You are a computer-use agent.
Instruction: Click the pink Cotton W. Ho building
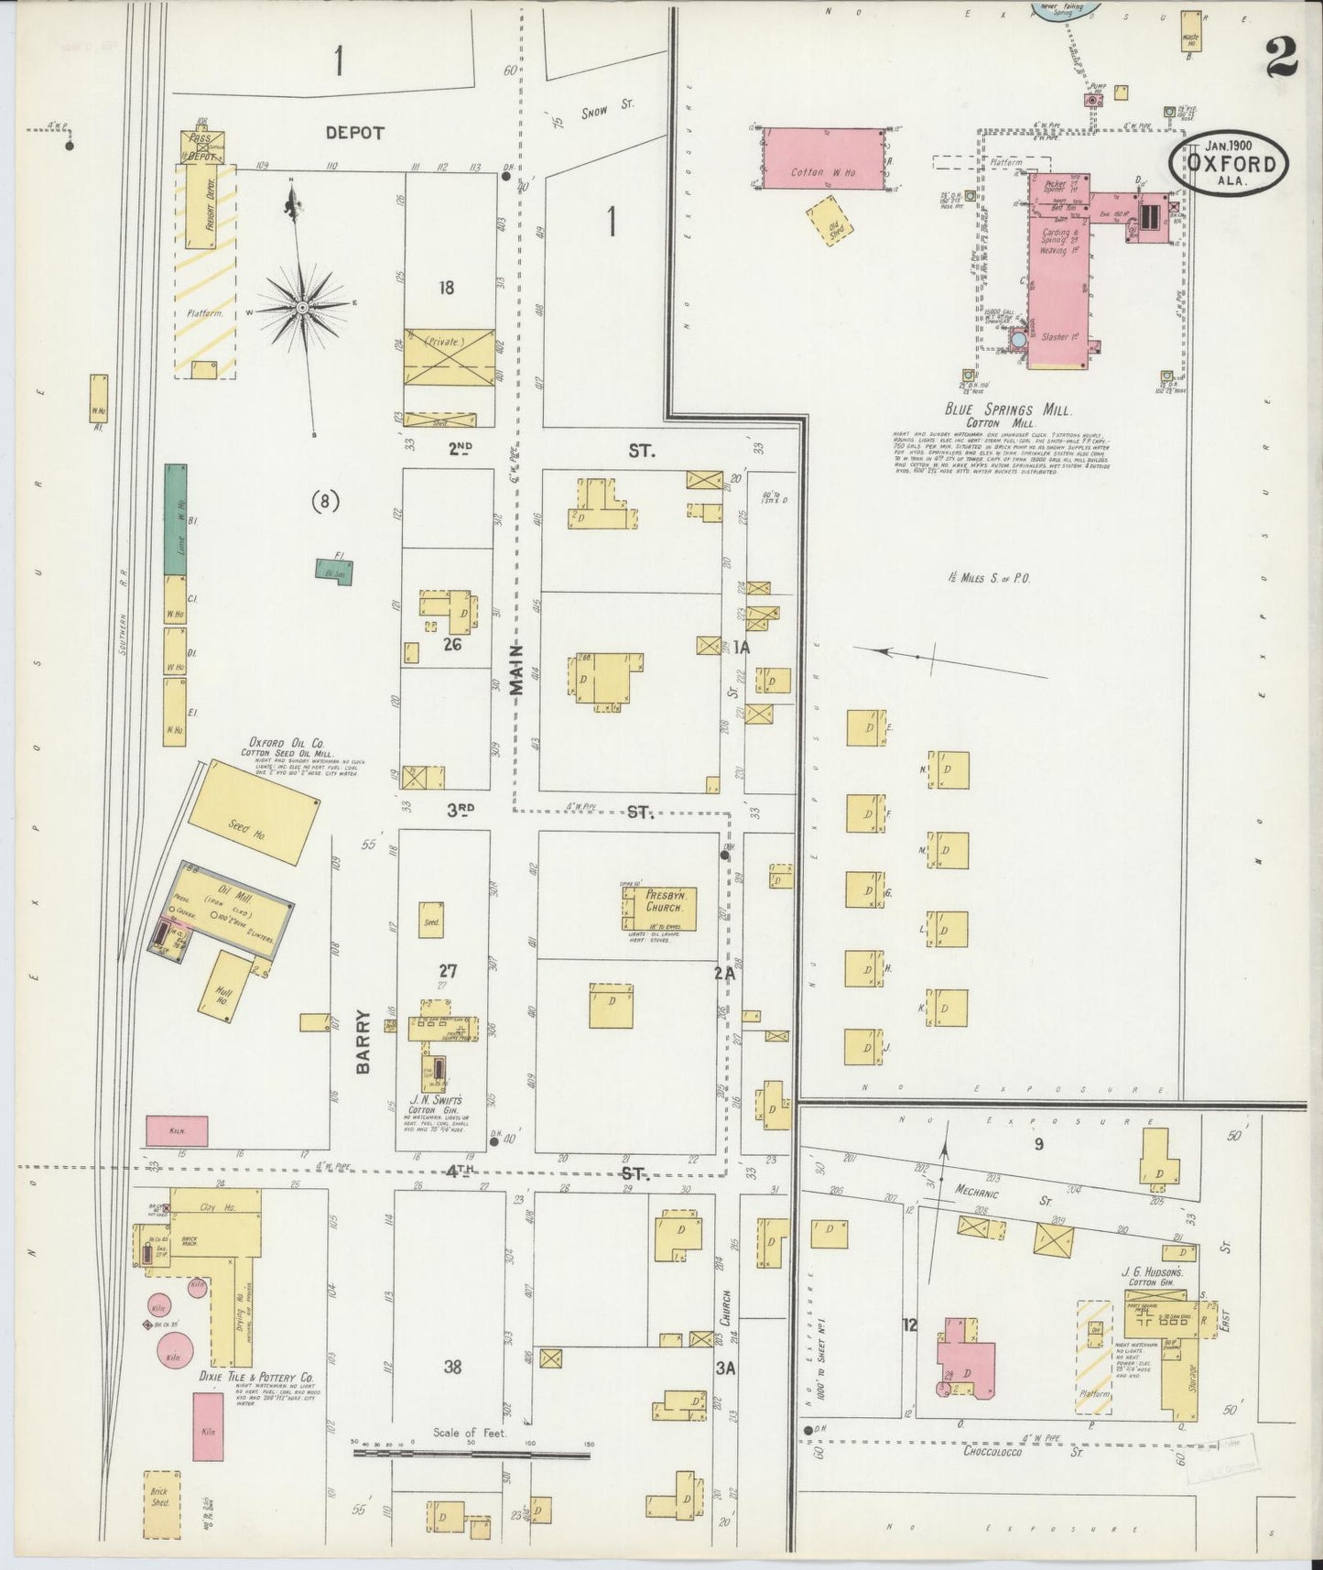coord(823,159)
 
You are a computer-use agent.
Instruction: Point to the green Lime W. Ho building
coord(176,518)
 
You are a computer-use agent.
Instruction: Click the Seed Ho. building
coord(254,811)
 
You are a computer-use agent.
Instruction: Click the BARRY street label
coord(363,1041)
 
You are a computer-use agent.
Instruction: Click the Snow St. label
coord(607,109)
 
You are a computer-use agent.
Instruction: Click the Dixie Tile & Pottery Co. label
coord(256,1377)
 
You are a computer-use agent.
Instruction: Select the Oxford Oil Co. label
coord(286,743)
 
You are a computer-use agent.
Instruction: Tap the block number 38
coord(452,1367)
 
